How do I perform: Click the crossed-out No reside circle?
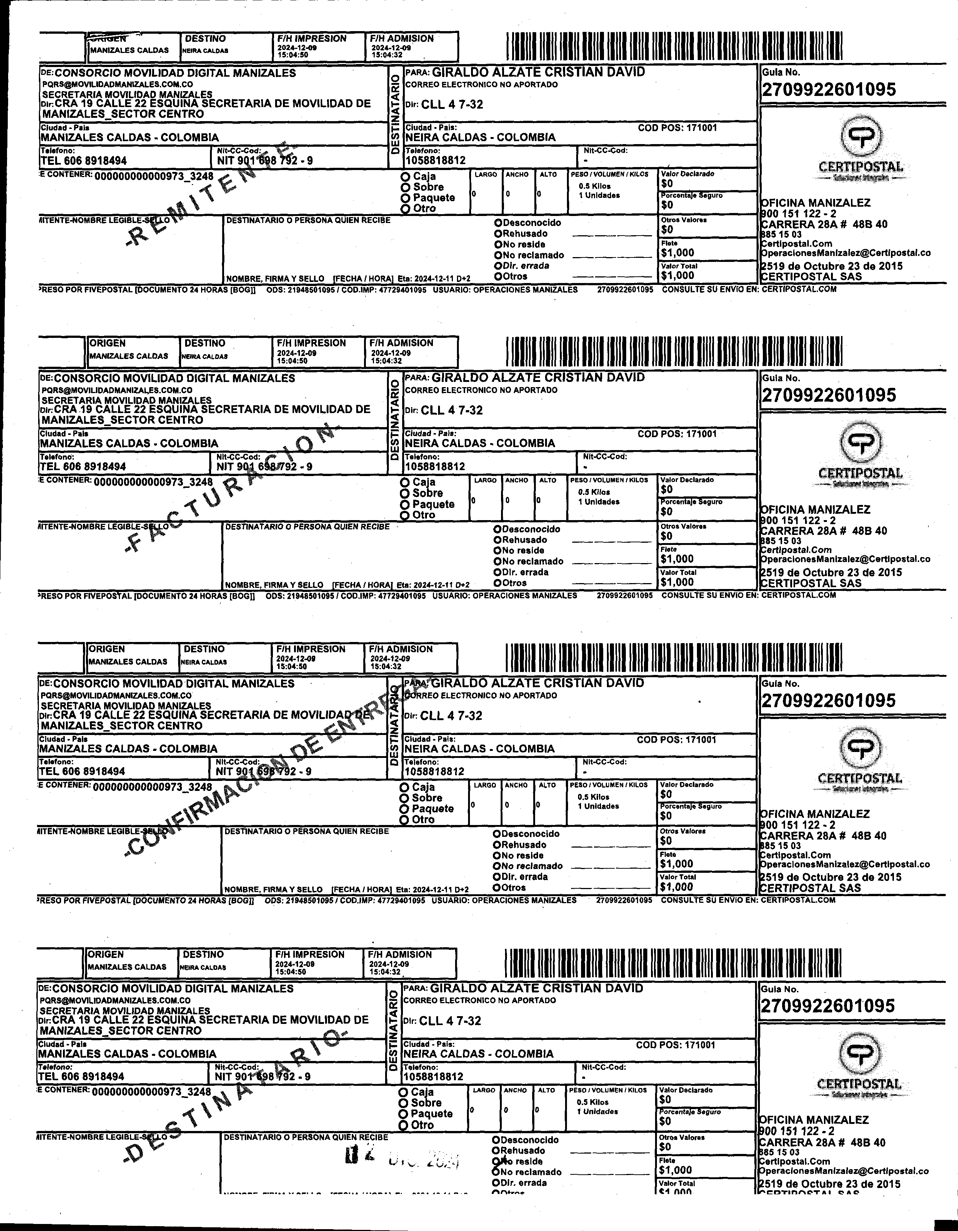tap(497, 1161)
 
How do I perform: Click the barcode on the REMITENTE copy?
tap(674, 46)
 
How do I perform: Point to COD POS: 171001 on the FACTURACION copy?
tap(677, 434)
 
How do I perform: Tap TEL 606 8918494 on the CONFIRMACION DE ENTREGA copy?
tap(82, 771)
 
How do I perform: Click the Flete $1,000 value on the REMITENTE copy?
tap(677, 253)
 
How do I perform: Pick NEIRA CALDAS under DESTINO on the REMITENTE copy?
tap(205, 51)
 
